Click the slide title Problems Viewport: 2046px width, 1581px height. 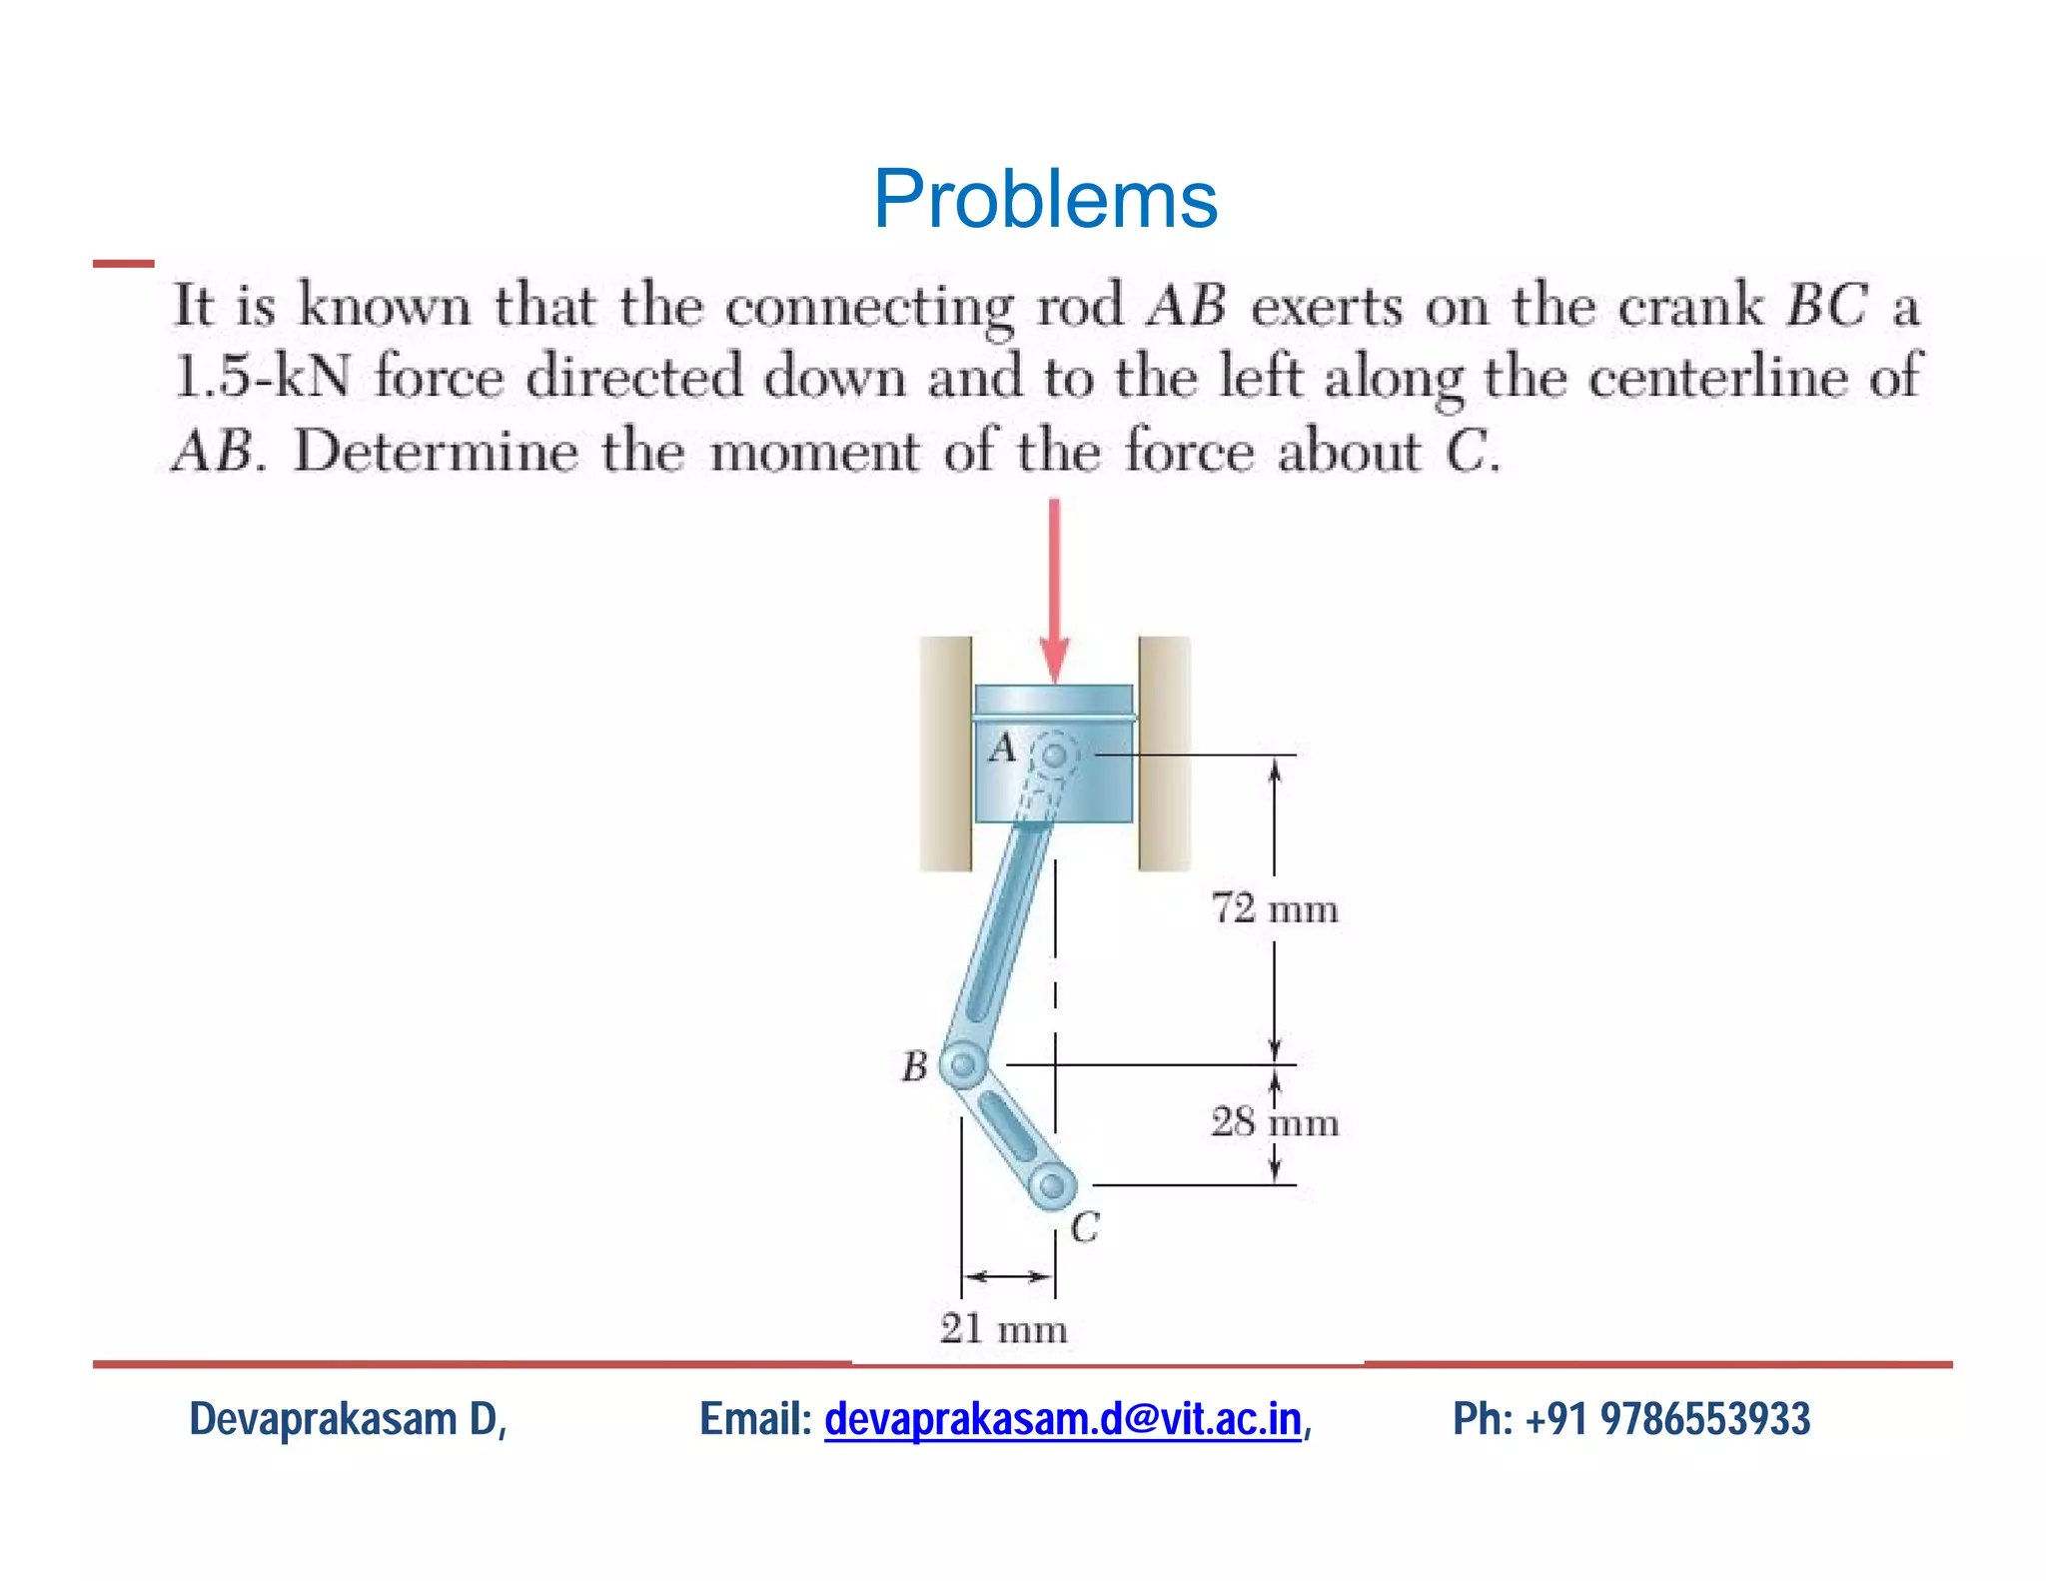click(x=1045, y=199)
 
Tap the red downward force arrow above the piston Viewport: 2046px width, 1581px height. click(x=1054, y=590)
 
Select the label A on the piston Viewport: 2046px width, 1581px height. click(x=1002, y=748)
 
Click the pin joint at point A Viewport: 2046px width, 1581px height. click(x=1054, y=755)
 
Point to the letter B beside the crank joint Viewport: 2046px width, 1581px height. click(x=914, y=1066)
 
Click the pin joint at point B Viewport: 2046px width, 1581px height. click(x=963, y=1065)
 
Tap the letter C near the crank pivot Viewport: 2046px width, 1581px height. click(x=1085, y=1227)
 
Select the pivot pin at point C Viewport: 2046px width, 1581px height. click(x=1052, y=1186)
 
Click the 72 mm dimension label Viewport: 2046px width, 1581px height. click(x=1274, y=908)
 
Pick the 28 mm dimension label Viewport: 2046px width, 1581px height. click(x=1274, y=1122)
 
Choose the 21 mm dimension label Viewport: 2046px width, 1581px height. click(x=1003, y=1329)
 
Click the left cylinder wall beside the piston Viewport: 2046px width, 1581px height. click(x=945, y=754)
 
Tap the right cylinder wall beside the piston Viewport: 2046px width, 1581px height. click(x=1164, y=754)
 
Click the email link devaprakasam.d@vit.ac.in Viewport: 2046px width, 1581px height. click(x=1063, y=1419)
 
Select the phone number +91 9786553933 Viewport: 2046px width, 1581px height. click(x=1667, y=1419)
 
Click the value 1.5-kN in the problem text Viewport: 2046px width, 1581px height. click(x=262, y=378)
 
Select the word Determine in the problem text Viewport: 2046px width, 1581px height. click(x=436, y=452)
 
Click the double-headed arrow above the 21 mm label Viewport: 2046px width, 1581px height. click(x=1008, y=1276)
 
